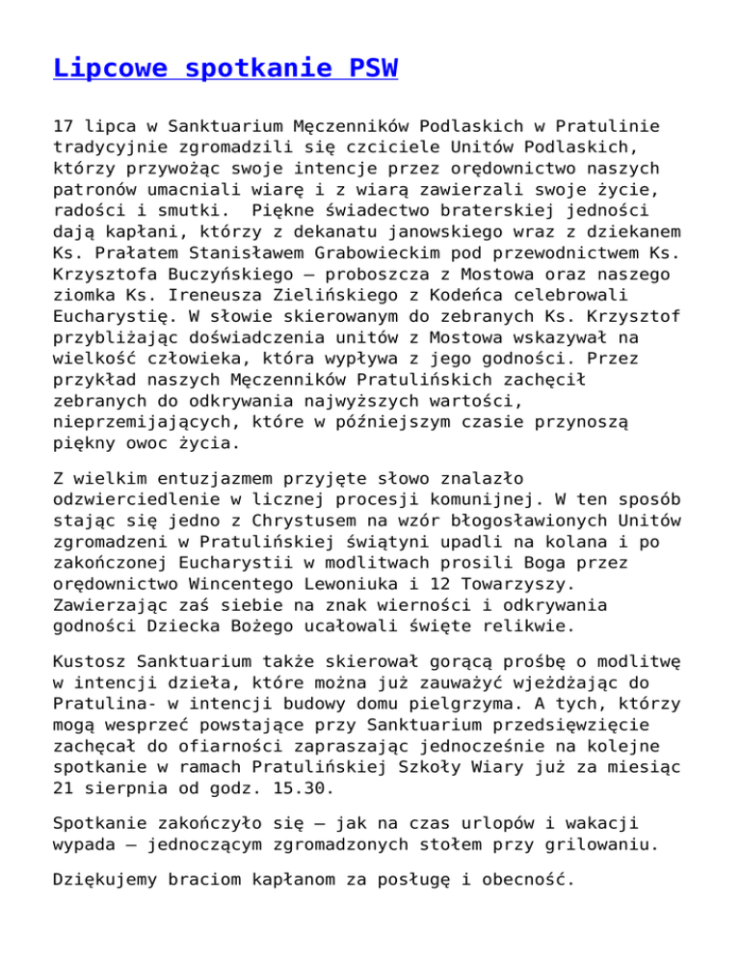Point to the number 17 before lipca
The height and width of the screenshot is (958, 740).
pyautogui.click(x=63, y=152)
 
